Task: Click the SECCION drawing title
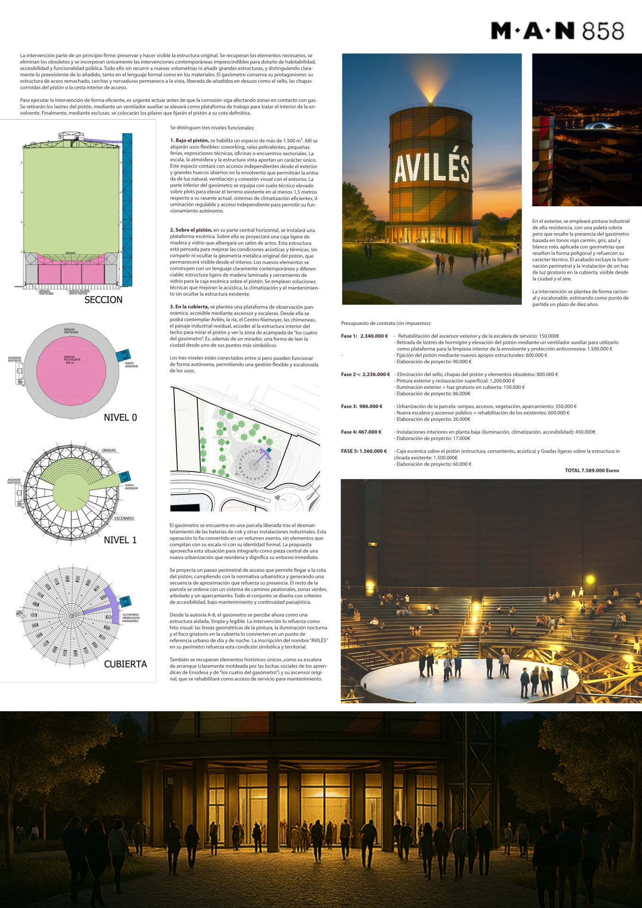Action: [x=103, y=300]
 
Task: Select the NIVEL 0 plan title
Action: [x=120, y=418]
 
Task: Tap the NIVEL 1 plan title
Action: [x=120, y=540]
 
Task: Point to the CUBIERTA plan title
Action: [x=125, y=664]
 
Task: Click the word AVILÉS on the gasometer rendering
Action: [x=431, y=168]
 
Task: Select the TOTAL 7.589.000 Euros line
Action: [x=592, y=471]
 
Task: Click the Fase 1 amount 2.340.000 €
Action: [x=374, y=336]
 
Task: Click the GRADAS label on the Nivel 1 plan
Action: [x=109, y=451]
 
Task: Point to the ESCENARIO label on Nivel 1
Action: [x=124, y=518]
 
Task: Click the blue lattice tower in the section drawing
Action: [x=127, y=208]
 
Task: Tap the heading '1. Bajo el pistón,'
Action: [x=189, y=141]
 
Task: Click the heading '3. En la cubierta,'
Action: [x=189, y=307]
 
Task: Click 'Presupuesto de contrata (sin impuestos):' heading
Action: [x=386, y=323]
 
